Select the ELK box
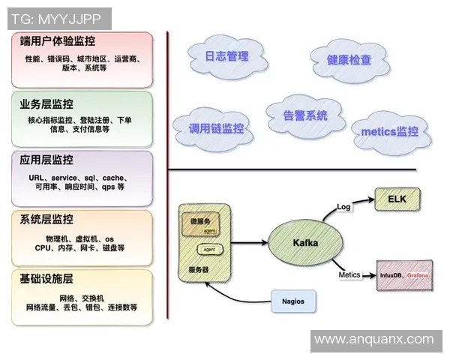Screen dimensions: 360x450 coord(397,199)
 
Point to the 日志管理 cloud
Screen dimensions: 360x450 coord(226,56)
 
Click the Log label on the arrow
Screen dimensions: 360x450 coord(343,206)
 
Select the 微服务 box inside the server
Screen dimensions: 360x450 coord(200,223)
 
